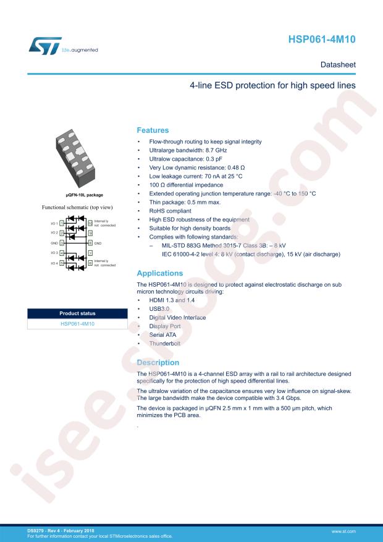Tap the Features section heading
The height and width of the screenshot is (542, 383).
[x=152, y=130]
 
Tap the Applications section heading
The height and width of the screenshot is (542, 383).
[x=159, y=273]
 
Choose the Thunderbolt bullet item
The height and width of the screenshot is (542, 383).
[x=164, y=342]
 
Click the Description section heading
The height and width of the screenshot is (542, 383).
[x=158, y=362]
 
